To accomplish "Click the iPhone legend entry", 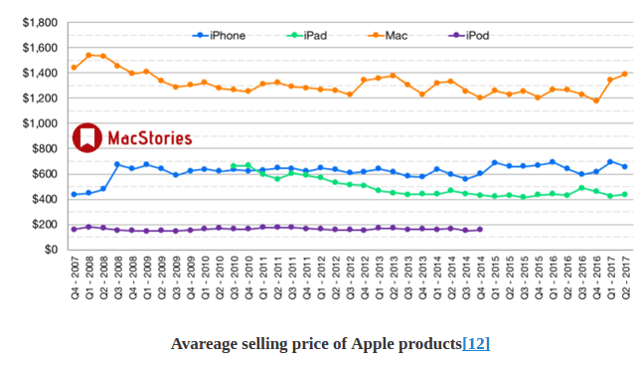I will (x=220, y=36).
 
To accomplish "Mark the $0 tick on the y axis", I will (x=51, y=250).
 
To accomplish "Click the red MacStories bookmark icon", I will (x=87, y=138).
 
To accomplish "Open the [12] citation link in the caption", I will (x=475, y=343).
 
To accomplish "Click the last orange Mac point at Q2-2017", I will (x=624, y=74).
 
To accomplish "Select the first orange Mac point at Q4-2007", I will (x=74, y=68).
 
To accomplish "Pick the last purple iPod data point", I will (x=480, y=229).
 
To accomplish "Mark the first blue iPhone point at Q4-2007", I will (x=74, y=194).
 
